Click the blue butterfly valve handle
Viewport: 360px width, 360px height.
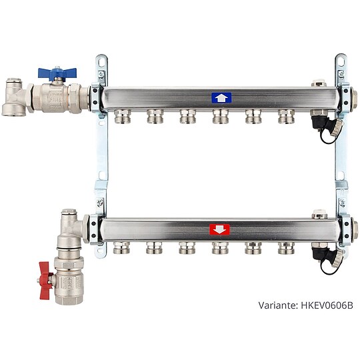click(x=57, y=72)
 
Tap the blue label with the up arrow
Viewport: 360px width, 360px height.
click(x=221, y=98)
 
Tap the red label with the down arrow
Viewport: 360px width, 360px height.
click(x=219, y=229)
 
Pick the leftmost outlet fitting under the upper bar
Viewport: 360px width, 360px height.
click(x=123, y=117)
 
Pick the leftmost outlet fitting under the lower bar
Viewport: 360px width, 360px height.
click(x=121, y=247)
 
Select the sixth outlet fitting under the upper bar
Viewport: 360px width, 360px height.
click(x=286, y=117)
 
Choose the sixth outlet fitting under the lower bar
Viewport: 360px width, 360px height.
click(x=286, y=248)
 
